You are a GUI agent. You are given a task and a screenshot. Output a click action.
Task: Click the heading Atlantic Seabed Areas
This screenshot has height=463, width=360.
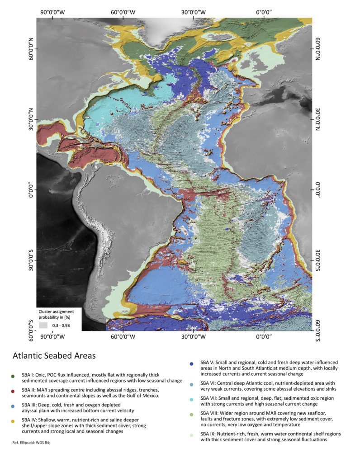(54, 355)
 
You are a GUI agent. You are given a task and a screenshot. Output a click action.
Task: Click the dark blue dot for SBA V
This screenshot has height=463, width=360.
(191, 364)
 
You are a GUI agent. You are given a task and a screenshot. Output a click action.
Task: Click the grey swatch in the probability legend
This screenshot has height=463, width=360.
(43, 325)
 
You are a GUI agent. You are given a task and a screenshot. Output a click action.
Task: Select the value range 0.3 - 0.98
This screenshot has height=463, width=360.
(63, 325)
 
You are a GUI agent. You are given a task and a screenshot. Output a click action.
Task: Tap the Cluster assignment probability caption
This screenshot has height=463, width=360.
(59, 314)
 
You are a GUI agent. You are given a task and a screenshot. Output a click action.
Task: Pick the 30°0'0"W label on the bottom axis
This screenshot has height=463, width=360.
(194, 336)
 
